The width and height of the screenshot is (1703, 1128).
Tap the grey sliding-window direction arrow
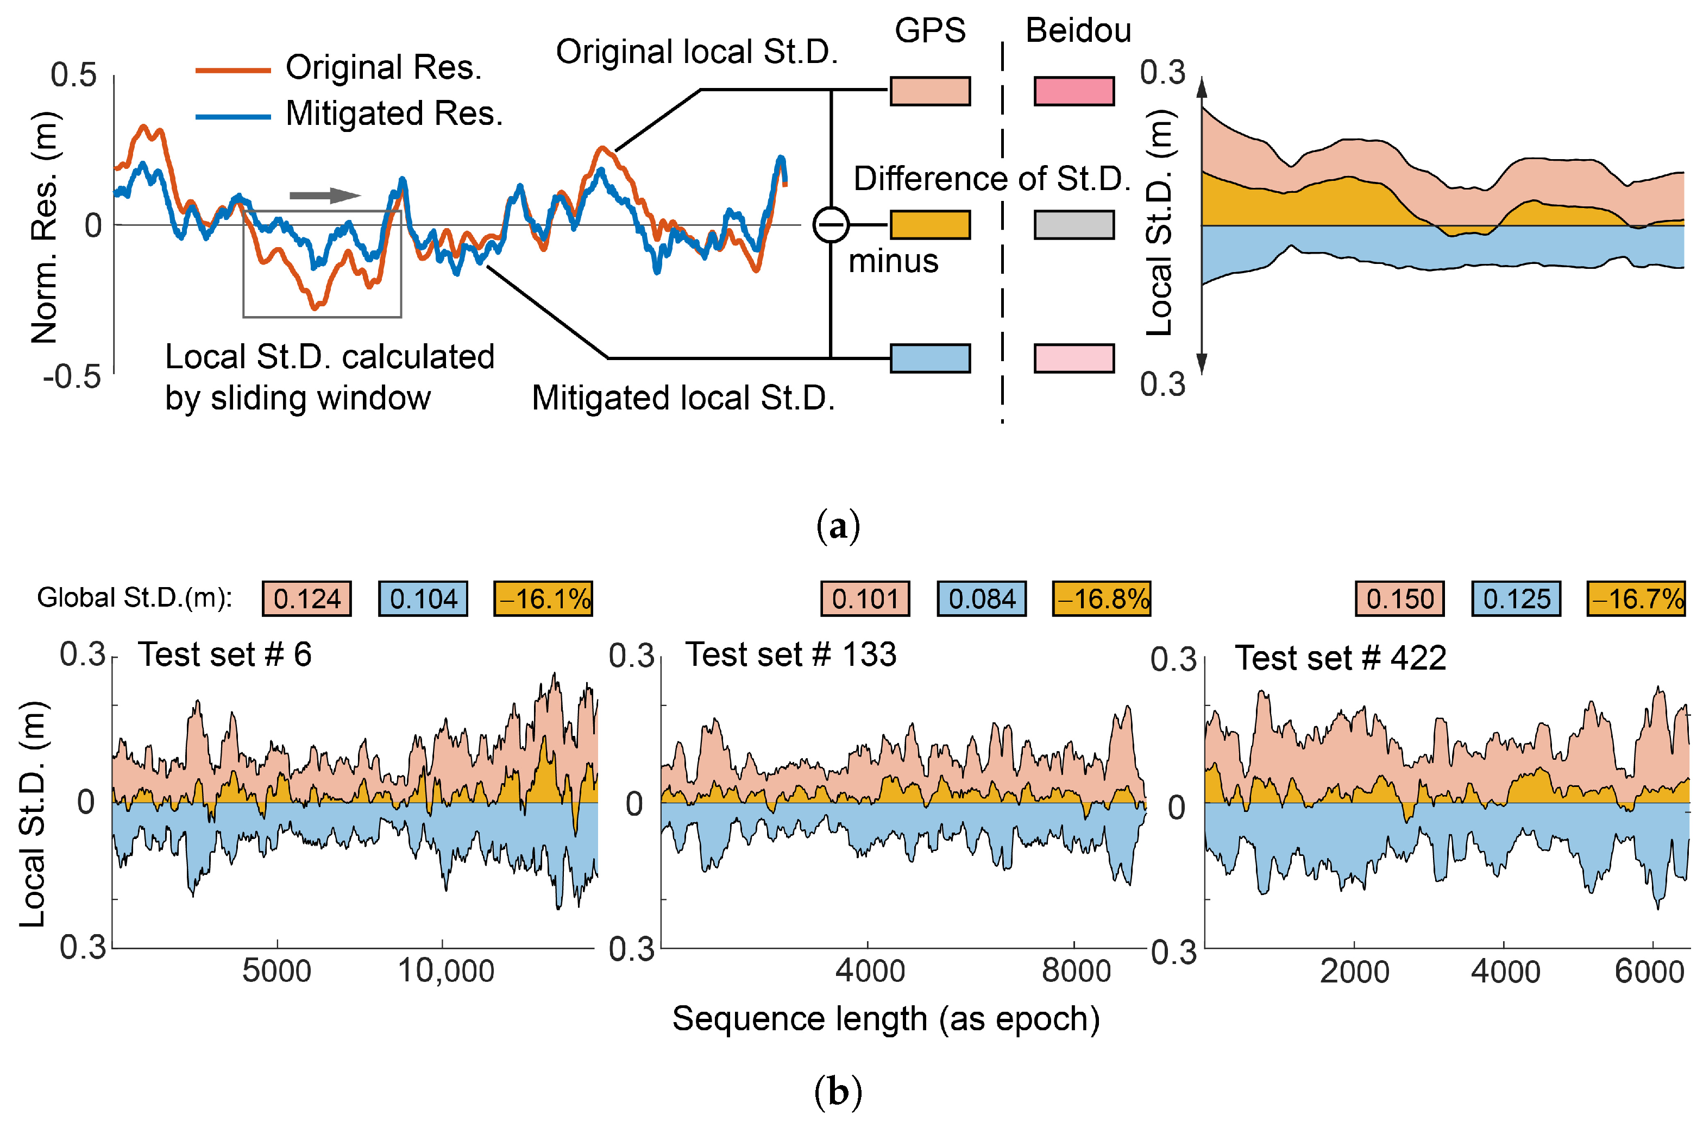pos(324,195)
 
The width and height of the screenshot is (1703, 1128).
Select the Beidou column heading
pos(1077,30)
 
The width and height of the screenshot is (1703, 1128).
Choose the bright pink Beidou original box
pos(1073,91)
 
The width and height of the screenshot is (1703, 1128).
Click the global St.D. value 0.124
pos(306,598)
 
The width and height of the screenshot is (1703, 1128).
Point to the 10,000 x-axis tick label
pos(445,971)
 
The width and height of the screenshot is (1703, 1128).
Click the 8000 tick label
pos(1076,971)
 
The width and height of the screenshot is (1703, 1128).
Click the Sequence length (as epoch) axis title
pos(885,1019)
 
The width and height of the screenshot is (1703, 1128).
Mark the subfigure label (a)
pos(838,527)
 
